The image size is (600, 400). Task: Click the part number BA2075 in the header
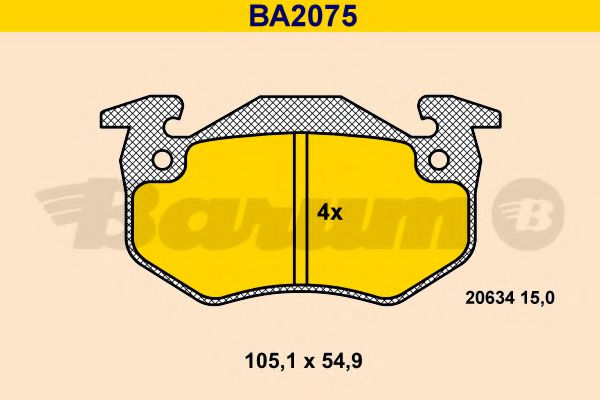click(301, 16)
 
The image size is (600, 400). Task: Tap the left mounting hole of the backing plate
click(162, 159)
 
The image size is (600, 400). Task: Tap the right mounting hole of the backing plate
click(438, 159)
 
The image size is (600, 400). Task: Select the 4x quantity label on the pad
click(329, 212)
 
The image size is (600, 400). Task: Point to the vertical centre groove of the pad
click(300, 210)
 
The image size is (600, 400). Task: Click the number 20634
click(491, 295)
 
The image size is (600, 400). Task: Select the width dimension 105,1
click(257, 359)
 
